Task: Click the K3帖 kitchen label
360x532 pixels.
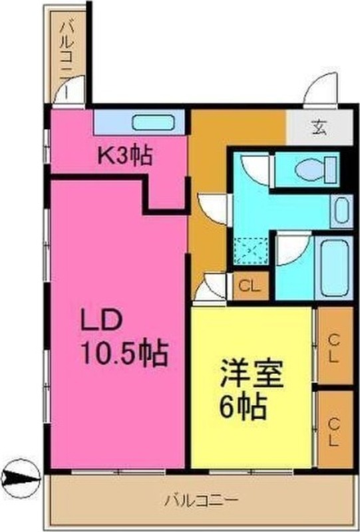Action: pyautogui.click(x=126, y=156)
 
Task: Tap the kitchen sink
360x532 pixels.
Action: pyautogui.click(x=153, y=124)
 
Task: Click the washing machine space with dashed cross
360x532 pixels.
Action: pyautogui.click(x=251, y=251)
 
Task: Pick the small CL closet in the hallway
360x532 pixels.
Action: pyautogui.click(x=250, y=287)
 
